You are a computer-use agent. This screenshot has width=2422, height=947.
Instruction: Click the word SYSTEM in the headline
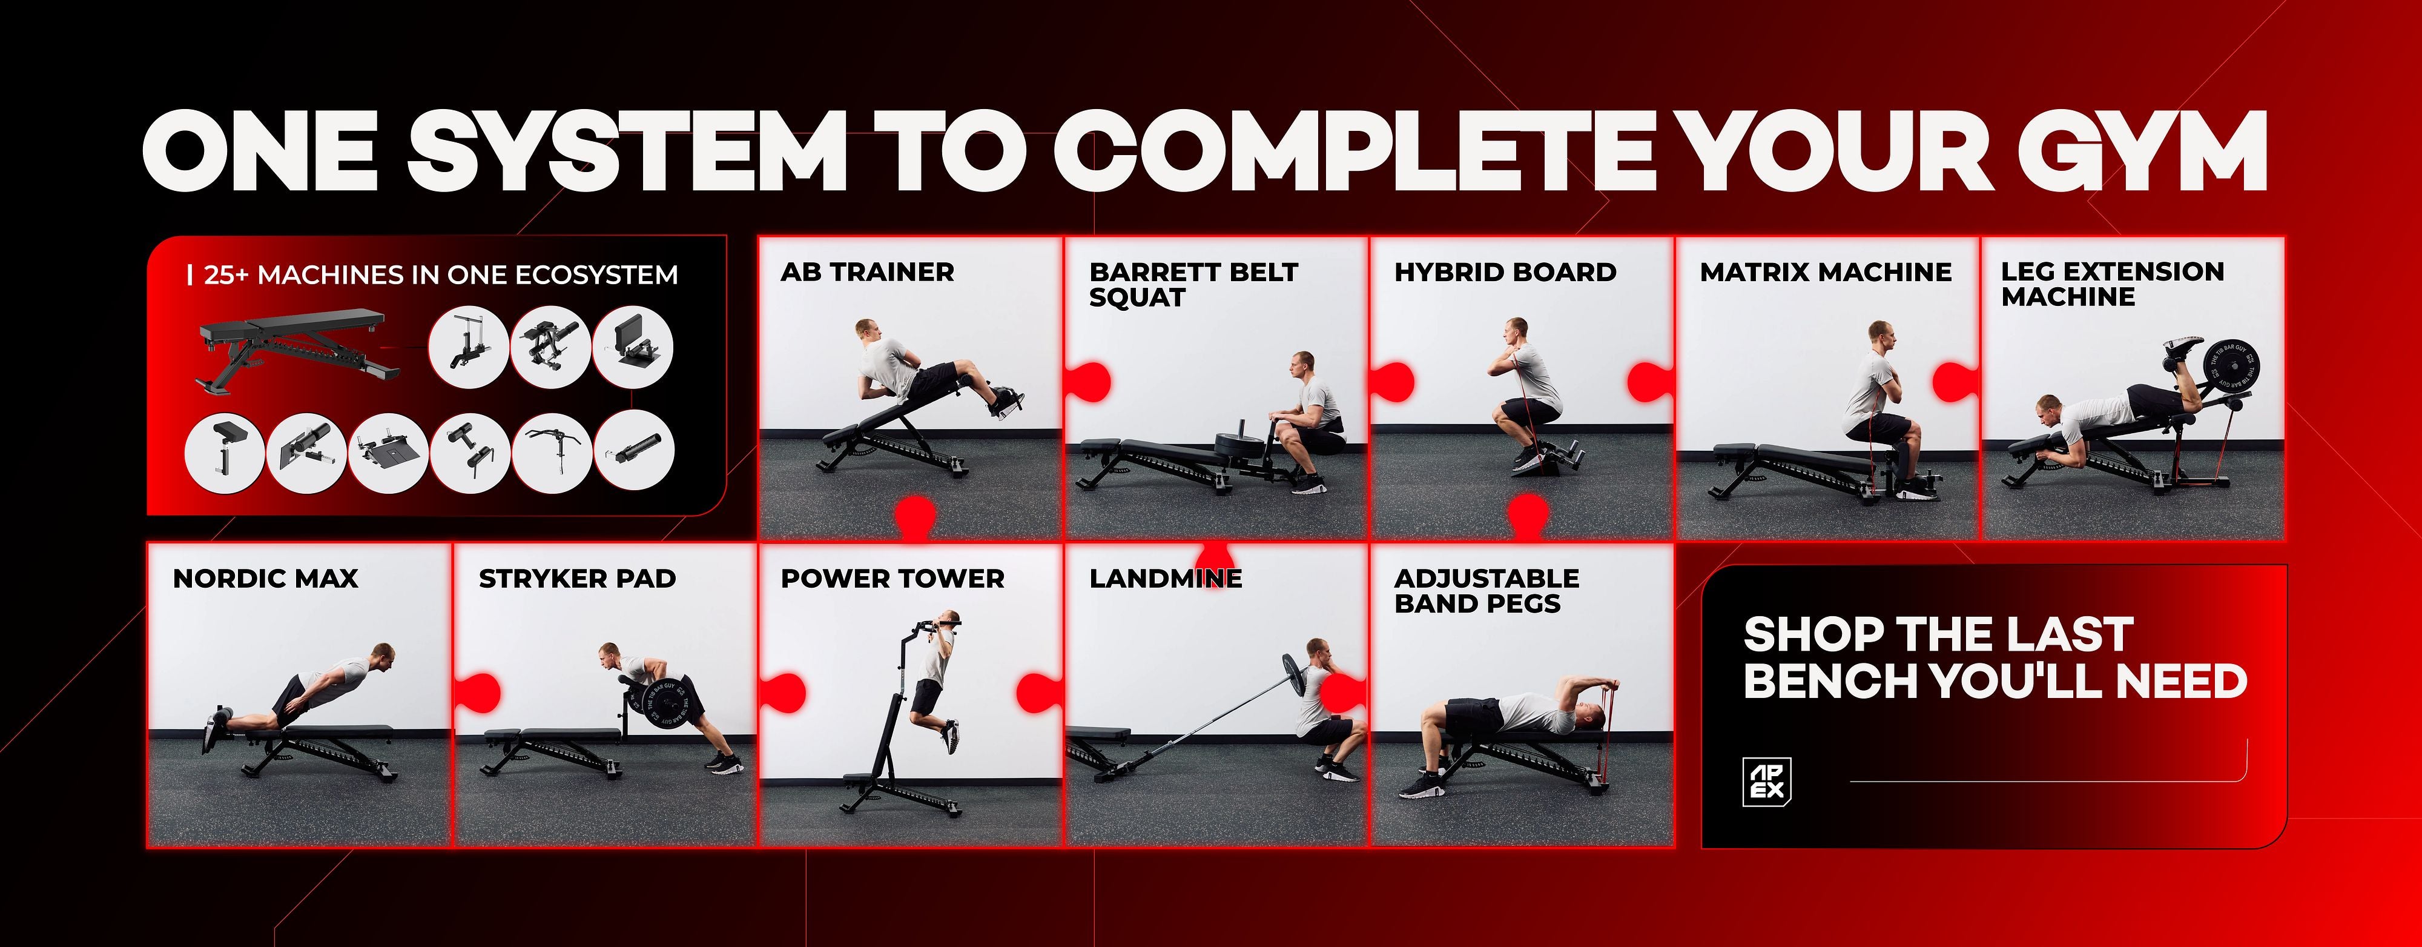(x=628, y=150)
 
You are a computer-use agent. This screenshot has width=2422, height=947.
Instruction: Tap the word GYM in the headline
(x=2143, y=150)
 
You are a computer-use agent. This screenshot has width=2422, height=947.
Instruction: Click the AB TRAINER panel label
(x=867, y=273)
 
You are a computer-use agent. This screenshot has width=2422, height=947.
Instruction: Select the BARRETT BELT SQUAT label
(x=1193, y=285)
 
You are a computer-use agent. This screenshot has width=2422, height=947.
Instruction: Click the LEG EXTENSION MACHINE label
(x=2113, y=284)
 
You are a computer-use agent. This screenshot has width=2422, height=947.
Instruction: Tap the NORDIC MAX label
(x=265, y=579)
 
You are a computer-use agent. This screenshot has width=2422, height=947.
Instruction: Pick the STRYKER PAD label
(x=577, y=579)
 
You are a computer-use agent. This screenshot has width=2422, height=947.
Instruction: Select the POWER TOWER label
(x=893, y=579)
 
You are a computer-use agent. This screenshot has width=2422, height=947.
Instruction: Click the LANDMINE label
(x=1166, y=579)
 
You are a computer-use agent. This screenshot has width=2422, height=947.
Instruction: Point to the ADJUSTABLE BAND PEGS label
(x=1487, y=591)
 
